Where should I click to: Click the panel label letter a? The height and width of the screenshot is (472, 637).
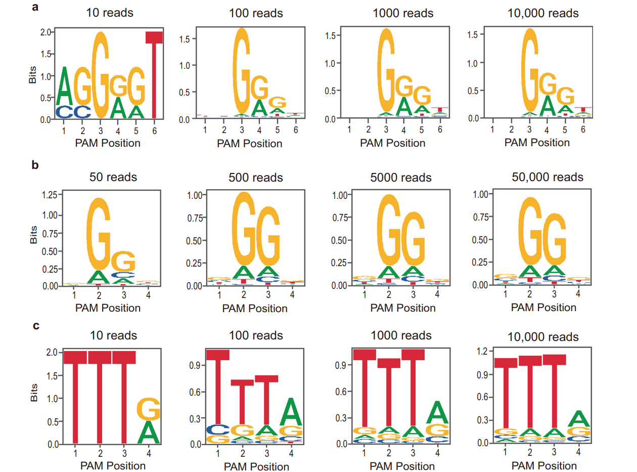(36, 8)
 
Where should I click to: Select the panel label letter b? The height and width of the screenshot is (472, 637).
(36, 165)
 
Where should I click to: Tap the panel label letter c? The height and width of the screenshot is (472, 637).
(36, 325)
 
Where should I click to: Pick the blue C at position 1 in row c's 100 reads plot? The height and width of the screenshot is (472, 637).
(218, 430)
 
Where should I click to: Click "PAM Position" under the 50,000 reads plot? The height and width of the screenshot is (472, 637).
(543, 308)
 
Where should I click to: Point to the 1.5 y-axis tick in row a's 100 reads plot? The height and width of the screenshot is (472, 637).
(190, 38)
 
